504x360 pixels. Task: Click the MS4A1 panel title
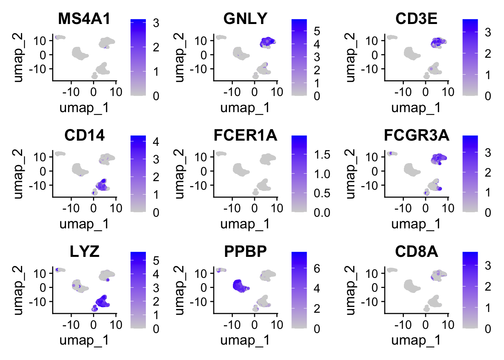point(84,19)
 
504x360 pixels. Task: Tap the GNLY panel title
point(245,19)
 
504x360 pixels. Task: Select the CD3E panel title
point(416,19)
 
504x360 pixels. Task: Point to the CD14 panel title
point(84,135)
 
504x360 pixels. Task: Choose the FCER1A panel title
point(245,135)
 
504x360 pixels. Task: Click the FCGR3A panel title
point(416,135)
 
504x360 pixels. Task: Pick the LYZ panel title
point(84,252)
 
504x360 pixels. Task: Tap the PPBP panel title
point(245,252)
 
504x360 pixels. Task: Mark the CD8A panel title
point(416,252)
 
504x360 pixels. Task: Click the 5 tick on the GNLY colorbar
point(317,31)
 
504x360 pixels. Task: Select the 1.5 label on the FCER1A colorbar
point(322,154)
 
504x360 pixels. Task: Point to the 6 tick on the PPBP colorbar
point(317,268)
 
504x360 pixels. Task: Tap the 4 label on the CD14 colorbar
point(156,142)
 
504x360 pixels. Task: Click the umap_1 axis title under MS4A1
point(84,108)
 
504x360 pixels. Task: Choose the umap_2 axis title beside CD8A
point(350,290)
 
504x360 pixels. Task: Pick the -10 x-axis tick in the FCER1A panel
point(232,208)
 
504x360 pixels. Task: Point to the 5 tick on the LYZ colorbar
point(156,261)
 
